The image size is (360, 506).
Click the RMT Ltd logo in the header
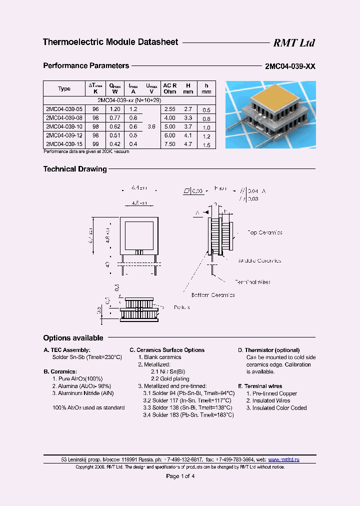tap(293, 43)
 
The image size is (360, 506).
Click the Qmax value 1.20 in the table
tap(115, 108)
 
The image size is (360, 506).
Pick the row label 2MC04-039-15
tap(63, 143)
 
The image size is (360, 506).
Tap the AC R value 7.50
tap(170, 143)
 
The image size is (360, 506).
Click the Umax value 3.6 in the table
tap(151, 126)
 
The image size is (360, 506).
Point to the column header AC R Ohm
tap(170, 88)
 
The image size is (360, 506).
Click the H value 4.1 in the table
tap(188, 135)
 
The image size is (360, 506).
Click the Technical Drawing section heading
tap(75, 169)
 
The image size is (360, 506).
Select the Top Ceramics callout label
tap(265, 232)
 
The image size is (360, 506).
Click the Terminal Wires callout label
tap(252, 282)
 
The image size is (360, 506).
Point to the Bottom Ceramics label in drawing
tap(213, 295)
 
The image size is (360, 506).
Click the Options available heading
tap(73, 338)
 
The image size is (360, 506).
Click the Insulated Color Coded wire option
tap(276, 407)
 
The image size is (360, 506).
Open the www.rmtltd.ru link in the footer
tap(283, 459)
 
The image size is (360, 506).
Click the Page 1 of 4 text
tap(180, 476)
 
